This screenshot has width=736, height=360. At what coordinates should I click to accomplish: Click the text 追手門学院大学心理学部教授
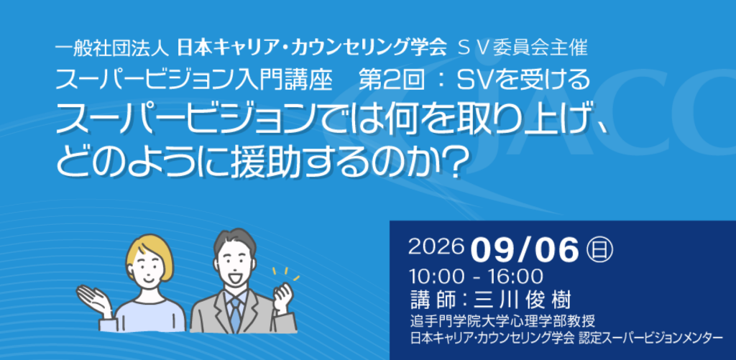point(502,321)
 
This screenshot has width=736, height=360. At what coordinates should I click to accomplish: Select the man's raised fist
point(282,297)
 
